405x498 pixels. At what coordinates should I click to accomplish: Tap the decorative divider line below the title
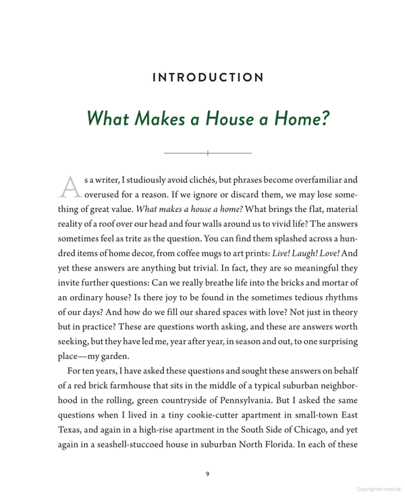[x=208, y=154]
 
